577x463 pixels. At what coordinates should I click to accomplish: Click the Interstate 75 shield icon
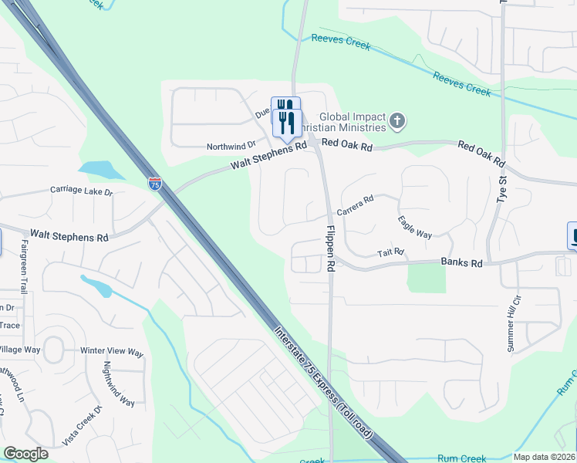click(154, 183)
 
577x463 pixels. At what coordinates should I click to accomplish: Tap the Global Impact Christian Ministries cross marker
click(396, 120)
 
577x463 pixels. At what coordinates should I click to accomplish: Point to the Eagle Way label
click(414, 227)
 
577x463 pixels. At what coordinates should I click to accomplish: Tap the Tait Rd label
click(391, 252)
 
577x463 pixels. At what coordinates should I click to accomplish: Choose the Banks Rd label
click(461, 263)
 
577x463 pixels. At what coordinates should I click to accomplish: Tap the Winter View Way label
click(113, 352)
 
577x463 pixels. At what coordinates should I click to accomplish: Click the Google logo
click(25, 454)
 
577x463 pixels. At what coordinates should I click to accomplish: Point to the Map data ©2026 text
click(544, 457)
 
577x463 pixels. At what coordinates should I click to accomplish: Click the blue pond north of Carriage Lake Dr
click(96, 168)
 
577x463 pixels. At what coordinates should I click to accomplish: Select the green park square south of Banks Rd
click(427, 278)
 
